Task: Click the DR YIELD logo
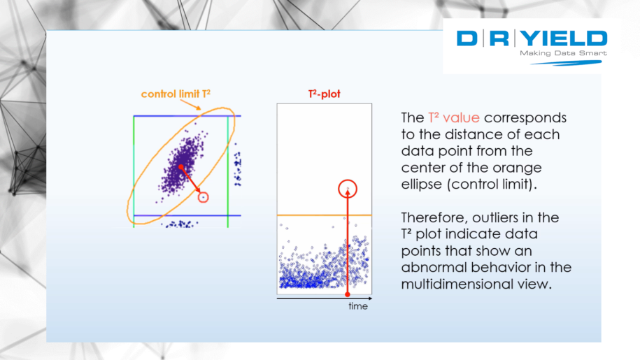tap(532, 38)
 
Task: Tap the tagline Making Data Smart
tap(563, 53)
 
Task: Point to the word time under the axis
tap(358, 306)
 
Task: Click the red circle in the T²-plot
tap(348, 188)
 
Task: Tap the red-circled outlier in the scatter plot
tap(203, 198)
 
